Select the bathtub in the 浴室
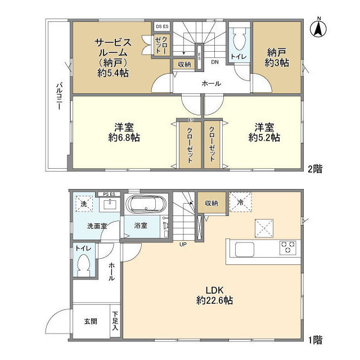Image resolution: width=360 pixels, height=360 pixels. tap(145, 205)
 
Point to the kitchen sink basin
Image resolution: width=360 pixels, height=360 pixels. tap(244, 249)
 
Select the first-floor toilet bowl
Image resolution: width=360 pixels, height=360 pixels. tap(84, 264)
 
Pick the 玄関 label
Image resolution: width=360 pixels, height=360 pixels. tap(91, 322)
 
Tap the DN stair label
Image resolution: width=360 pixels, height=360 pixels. tap(214, 62)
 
